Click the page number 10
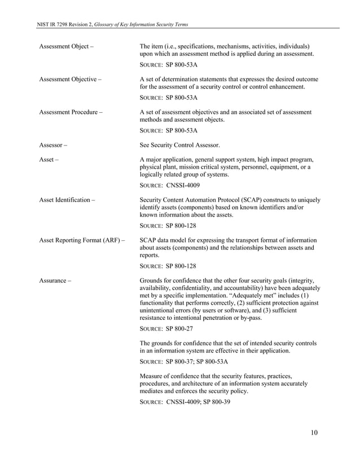pos(314,433)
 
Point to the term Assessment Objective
pos(67,79)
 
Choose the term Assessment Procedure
pos(68,112)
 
